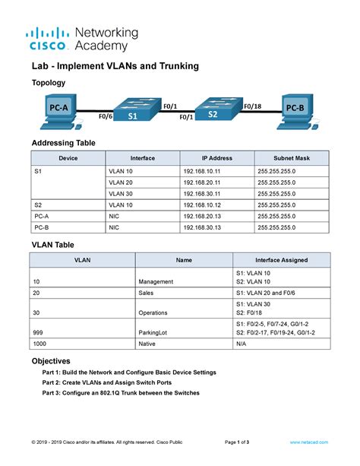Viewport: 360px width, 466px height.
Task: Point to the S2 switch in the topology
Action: [x=213, y=109]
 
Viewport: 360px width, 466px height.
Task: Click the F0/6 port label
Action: [x=106, y=117]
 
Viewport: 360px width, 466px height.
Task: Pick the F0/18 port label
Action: [x=252, y=107]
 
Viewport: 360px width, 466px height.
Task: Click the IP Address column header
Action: [x=216, y=158]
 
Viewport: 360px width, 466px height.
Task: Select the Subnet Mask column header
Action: [x=292, y=158]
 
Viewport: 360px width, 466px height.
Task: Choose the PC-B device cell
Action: [x=42, y=227]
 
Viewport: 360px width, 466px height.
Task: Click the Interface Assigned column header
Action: [x=281, y=260]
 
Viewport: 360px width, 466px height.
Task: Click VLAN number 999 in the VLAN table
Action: [x=40, y=333]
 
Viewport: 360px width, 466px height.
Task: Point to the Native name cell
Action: [x=148, y=344]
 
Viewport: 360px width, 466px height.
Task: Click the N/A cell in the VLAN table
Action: [x=242, y=344]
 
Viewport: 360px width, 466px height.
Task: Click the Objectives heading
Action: [x=51, y=360]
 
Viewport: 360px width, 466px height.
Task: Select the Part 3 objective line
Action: [x=121, y=393]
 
